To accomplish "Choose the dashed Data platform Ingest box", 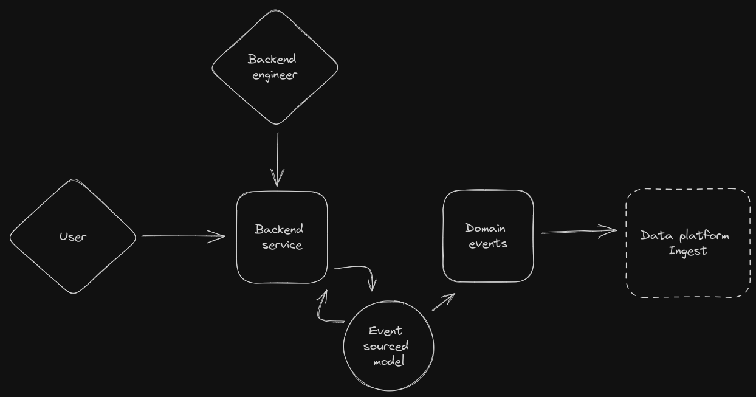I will [688, 274].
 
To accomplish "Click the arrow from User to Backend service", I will [182, 236].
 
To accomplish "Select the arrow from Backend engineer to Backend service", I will [278, 158].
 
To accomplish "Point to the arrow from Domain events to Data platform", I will [577, 231].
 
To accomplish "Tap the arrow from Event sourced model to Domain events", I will [444, 302].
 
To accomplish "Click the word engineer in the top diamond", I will [275, 75].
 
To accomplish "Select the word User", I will [73, 236].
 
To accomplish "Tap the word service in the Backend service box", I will [282, 245].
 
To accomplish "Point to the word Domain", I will [486, 228].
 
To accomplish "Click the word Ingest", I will [688, 250].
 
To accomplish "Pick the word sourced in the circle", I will [386, 346].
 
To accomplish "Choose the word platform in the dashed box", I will [704, 235].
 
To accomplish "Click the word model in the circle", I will [388, 361].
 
